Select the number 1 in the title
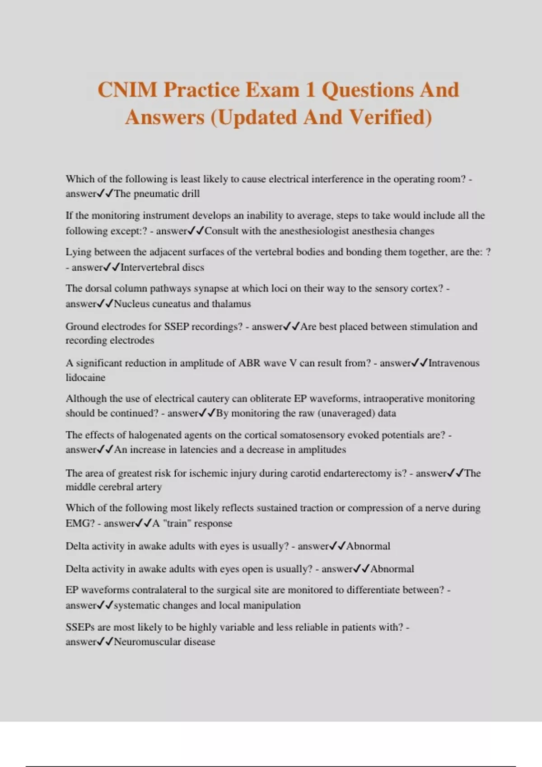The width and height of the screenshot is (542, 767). [310, 90]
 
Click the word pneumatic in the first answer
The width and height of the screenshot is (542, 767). [155, 194]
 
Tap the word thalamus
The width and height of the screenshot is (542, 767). [231, 304]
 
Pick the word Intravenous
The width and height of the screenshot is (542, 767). [453, 363]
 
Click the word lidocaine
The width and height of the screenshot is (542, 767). [85, 378]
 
